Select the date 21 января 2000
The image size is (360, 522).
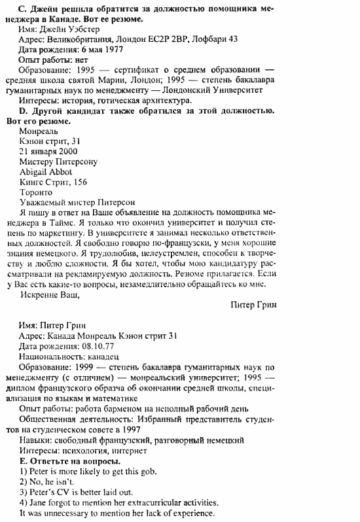(x=49, y=150)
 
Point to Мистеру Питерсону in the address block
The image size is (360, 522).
(x=59, y=161)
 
